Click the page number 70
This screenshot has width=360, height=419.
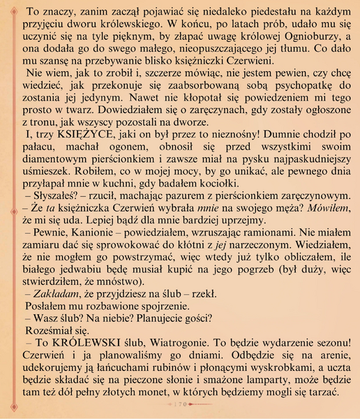click(180, 404)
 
